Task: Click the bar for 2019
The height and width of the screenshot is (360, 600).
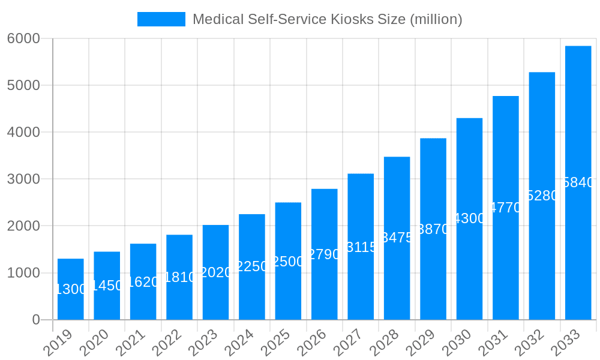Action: pyautogui.click(x=70, y=289)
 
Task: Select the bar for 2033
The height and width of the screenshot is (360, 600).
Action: pyautogui.click(x=578, y=182)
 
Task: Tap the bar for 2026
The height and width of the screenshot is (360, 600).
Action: pyautogui.click(x=324, y=254)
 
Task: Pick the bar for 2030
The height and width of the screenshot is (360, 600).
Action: pyautogui.click(x=469, y=218)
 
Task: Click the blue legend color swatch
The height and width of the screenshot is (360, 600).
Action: pyautogui.click(x=161, y=19)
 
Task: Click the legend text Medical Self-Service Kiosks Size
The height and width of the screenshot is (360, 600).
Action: pyautogui.click(x=327, y=19)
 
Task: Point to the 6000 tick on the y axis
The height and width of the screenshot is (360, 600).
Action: pyautogui.click(x=23, y=38)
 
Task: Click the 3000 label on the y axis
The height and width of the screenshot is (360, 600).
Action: pyautogui.click(x=23, y=179)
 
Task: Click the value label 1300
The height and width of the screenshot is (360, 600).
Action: pyautogui.click(x=71, y=289)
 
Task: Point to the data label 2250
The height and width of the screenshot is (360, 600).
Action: pyautogui.click(x=252, y=266)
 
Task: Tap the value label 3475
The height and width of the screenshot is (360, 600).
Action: pyautogui.click(x=397, y=238)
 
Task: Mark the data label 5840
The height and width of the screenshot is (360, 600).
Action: pyautogui.click(x=578, y=182)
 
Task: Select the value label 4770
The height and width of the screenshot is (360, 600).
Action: pyautogui.click(x=506, y=208)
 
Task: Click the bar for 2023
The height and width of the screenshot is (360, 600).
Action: pyautogui.click(x=215, y=272)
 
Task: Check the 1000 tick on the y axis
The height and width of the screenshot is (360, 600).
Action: pyautogui.click(x=23, y=273)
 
